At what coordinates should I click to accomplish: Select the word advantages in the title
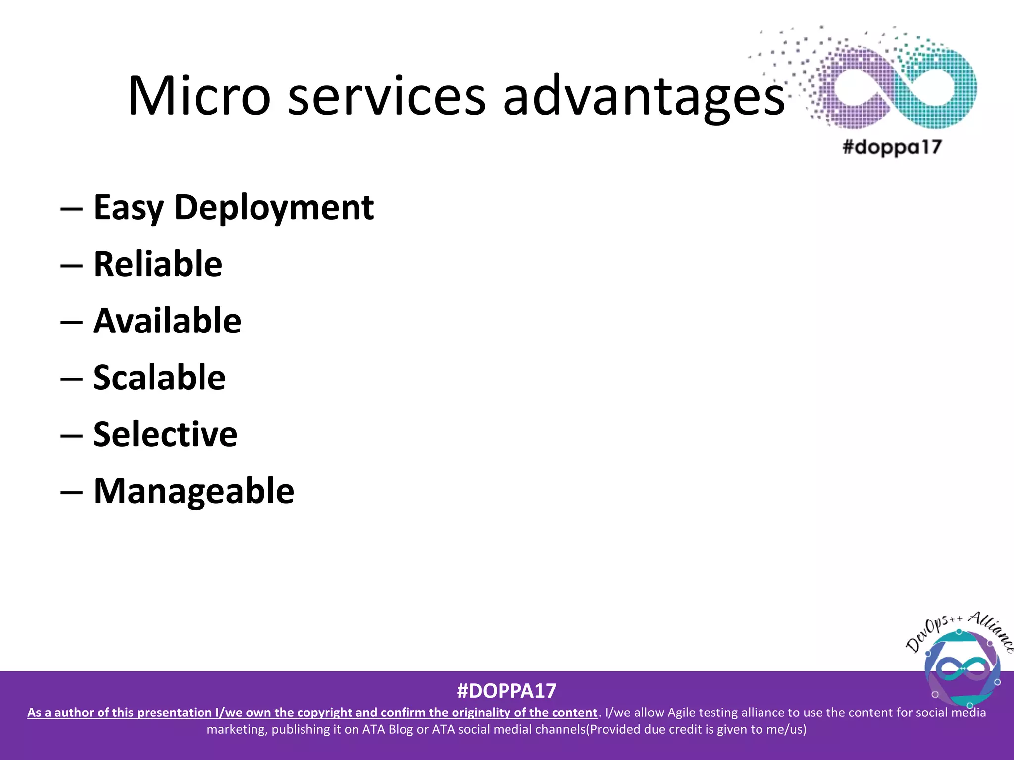point(644,96)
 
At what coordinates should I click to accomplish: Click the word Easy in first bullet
point(128,208)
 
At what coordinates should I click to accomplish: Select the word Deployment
point(274,208)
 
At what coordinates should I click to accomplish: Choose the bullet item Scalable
point(159,378)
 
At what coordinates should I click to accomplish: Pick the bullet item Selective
point(165,434)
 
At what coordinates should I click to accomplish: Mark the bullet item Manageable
point(194,491)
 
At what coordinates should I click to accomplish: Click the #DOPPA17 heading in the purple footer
point(507,691)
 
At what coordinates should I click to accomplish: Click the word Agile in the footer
point(682,712)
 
